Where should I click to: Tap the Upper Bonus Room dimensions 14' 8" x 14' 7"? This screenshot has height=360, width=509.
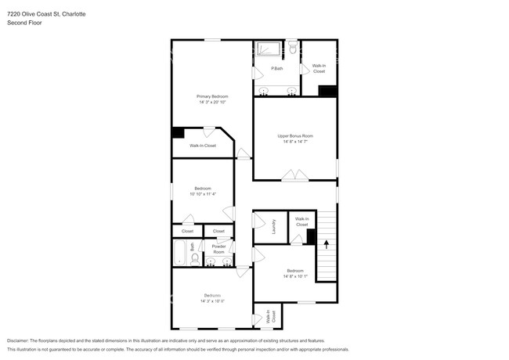(294, 142)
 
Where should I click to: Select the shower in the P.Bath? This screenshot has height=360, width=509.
(269, 49)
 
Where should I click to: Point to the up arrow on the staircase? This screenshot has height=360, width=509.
(325, 243)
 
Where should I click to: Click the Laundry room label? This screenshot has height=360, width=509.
(274, 226)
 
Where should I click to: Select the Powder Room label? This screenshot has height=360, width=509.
(218, 249)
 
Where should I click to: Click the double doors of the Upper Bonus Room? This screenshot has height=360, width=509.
(294, 176)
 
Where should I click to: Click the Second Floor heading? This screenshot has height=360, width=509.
(23, 23)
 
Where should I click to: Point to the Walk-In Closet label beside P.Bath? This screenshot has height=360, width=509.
(319, 69)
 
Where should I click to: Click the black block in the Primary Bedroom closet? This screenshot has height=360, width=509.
(179, 133)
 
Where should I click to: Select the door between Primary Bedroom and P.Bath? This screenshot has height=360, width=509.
(254, 74)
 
